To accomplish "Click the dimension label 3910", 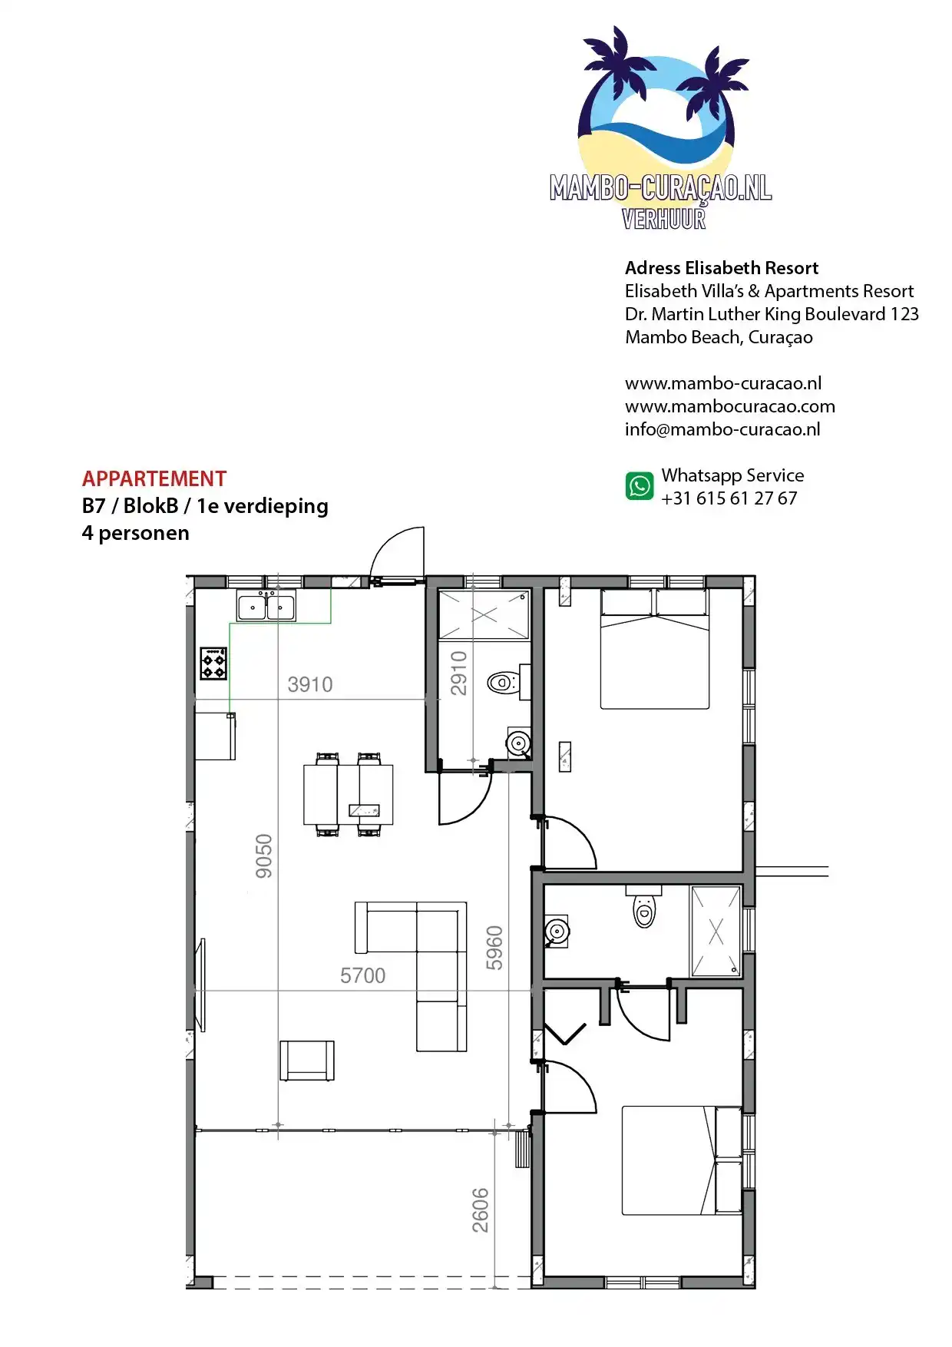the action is coord(310,684).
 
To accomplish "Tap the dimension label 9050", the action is coord(264,856).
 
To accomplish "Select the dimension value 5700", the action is coord(362,975).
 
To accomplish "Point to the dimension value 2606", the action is coord(481,1210).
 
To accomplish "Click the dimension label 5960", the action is coord(494,948).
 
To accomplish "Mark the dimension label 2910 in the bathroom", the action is coord(459,673).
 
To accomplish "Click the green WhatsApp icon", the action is coord(640,486).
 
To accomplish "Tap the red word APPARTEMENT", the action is coord(154,479).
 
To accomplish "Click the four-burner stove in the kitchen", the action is coord(213,664).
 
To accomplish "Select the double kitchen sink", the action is coord(266,606).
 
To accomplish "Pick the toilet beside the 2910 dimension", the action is coord(505,682).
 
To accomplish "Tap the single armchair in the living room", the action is coord(307,1061).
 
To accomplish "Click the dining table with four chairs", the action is coord(348,795).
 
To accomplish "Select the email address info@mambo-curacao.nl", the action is coord(722,429).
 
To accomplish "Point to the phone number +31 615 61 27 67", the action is coord(729,498).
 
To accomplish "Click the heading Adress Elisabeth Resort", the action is coord(722,268).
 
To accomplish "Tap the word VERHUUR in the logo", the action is coord(664,219).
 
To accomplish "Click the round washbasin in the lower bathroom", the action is coord(556,932).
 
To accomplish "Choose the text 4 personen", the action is coord(136,534).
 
